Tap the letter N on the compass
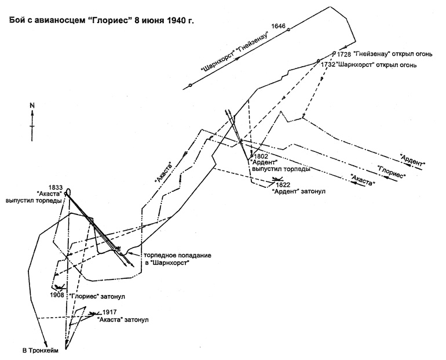pos(33,106)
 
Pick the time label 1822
pos(284,184)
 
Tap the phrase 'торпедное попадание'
pos(178,255)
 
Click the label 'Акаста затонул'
pos(123,319)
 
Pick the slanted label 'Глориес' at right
pos(390,172)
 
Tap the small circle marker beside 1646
pos(288,29)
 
